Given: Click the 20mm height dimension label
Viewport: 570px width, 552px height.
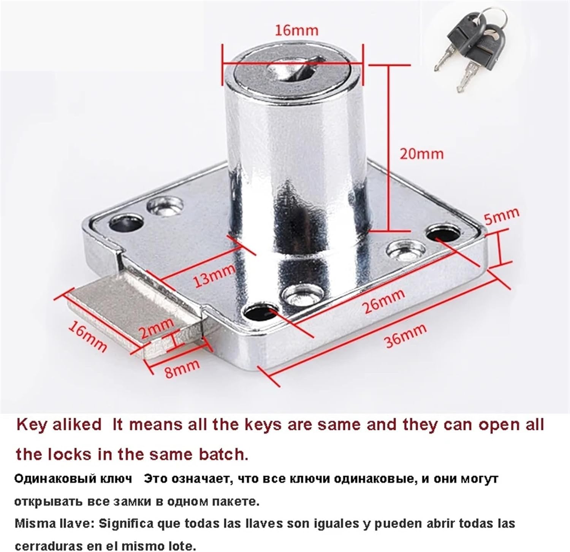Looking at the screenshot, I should pyautogui.click(x=421, y=154).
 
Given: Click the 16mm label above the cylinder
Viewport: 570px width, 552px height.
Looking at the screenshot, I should pyautogui.click(x=296, y=30).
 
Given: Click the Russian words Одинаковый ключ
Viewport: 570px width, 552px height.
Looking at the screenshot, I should pyautogui.click(x=73, y=479).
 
